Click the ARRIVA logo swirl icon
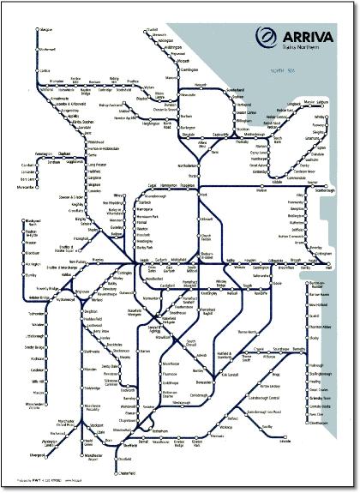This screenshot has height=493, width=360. (x=267, y=36)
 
